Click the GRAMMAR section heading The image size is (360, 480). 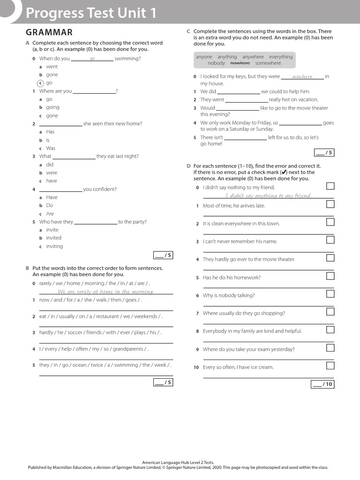pos(49,32)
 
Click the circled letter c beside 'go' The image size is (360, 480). pos(40,83)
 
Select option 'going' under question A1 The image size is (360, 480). pos(52,107)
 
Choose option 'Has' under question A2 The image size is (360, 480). pos(50,132)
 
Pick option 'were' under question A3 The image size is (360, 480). pos(52,172)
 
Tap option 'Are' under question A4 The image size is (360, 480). pos(50,214)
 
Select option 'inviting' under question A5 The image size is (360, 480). pos(54,247)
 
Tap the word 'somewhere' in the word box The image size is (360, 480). pos(268,63)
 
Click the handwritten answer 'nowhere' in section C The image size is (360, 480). pos(302,77)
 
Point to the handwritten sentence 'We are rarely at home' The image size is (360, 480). pos(106,292)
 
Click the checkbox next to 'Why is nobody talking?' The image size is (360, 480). pos(330,294)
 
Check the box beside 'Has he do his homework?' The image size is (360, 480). pos(330,276)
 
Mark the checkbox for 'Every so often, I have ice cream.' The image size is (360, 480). pos(330,366)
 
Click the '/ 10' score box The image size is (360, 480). pos(322,384)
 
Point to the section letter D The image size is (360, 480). pos(188,166)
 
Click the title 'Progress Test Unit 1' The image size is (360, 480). pos(91,13)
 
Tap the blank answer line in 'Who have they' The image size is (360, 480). pos(96,223)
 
